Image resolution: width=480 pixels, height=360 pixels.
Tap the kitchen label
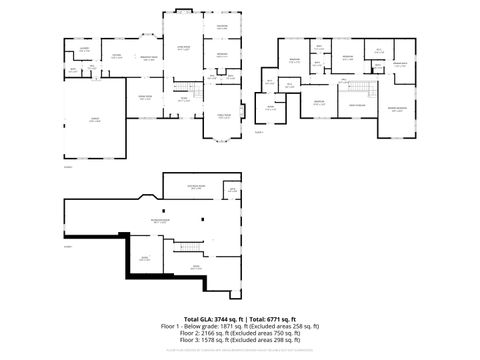tap(117, 56)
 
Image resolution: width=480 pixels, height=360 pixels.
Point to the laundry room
tap(85, 49)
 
